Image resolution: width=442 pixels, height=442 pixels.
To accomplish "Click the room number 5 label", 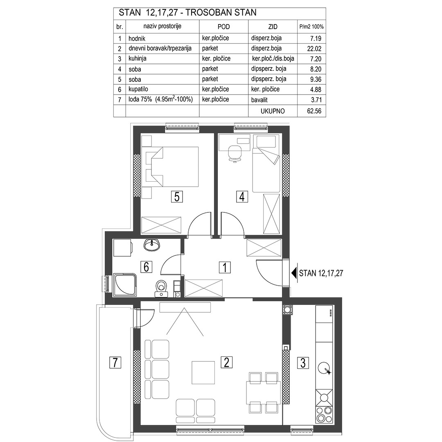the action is click(177, 196).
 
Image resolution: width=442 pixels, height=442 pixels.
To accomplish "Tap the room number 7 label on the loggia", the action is click(115, 362).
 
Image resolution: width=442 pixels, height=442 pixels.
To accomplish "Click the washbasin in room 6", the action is click(152, 245).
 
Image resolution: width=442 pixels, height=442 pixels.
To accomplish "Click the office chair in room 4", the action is click(235, 153).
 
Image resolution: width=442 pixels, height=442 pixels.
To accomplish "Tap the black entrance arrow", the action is click(294, 273).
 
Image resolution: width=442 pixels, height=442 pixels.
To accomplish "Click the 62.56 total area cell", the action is click(314, 111).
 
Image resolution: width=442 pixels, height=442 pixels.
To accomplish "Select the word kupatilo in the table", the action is click(138, 89).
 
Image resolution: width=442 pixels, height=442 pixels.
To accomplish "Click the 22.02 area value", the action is click(314, 48).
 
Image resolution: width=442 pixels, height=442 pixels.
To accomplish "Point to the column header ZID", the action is click(273, 27).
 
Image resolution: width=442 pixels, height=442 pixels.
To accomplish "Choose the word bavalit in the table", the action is click(259, 100).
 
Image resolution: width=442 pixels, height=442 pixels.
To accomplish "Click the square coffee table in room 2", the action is click(203, 373).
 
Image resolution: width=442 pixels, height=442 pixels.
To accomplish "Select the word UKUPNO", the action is click(273, 111).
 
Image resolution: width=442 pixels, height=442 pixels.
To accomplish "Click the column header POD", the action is click(223, 27).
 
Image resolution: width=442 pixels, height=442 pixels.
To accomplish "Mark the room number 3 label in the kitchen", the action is click(303, 363).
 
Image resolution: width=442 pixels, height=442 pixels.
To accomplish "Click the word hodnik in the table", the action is click(137, 38).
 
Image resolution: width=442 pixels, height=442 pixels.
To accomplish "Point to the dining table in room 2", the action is click(264, 393).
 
